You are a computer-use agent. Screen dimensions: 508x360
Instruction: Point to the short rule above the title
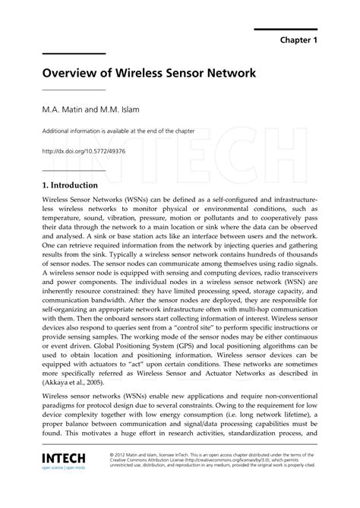pyautogui.click(x=73, y=54)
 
